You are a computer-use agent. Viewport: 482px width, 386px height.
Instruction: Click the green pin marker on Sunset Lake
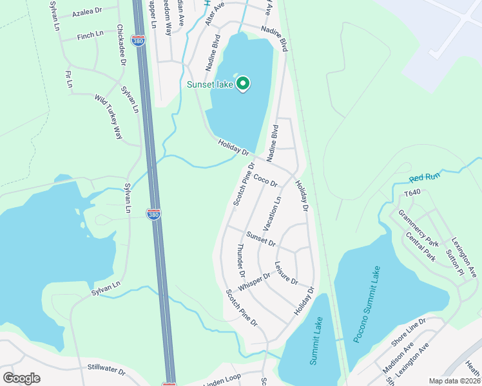(x=243, y=84)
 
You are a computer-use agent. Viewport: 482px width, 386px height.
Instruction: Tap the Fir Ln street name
(x=69, y=80)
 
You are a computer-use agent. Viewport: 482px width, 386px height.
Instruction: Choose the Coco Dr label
(x=265, y=179)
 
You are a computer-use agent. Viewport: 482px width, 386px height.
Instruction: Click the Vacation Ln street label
(x=273, y=214)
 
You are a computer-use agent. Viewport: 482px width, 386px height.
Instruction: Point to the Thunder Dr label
(x=240, y=256)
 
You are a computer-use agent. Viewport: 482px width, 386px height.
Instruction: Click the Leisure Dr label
(x=286, y=273)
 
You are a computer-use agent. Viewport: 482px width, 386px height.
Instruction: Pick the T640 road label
(x=412, y=193)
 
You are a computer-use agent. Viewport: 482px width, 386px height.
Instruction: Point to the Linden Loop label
(x=222, y=381)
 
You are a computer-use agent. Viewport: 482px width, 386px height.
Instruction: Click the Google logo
(x=21, y=378)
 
